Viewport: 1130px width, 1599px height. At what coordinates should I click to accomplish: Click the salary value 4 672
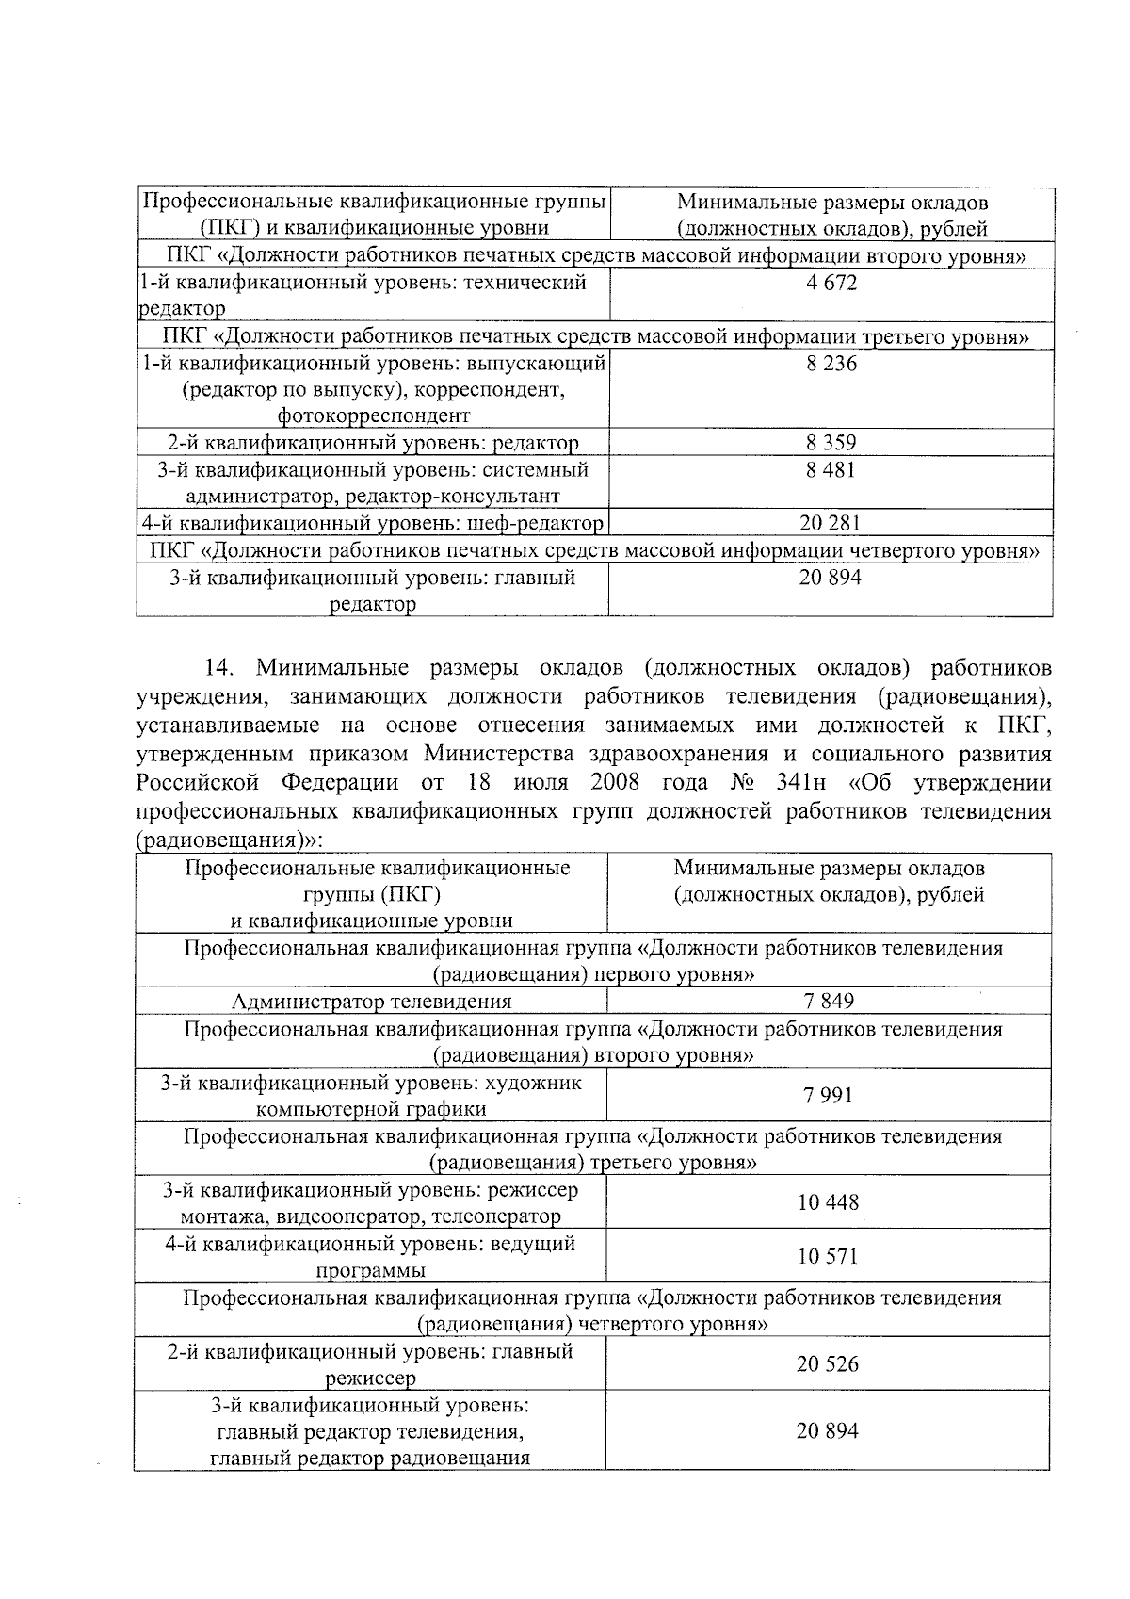(831, 283)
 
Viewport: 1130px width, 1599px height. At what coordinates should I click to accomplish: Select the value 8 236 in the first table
(831, 364)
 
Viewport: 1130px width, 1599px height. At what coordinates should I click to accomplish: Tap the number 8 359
(831, 443)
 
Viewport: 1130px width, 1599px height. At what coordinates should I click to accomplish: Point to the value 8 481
(831, 469)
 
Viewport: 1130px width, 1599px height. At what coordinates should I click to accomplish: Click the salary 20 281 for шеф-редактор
(831, 523)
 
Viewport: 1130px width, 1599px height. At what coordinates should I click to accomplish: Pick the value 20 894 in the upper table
(831, 578)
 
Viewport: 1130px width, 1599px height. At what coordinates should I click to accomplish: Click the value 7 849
(829, 1001)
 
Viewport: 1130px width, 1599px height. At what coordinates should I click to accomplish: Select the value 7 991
(829, 1095)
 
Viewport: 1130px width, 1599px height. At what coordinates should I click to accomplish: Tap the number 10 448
(829, 1202)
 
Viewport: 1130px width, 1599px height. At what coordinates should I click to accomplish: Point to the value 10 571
(829, 1256)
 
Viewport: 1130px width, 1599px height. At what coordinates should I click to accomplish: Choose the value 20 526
(829, 1363)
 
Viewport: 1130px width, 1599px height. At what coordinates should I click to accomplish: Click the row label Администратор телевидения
(372, 1002)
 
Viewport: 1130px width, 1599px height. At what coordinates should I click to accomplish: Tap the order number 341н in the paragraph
(794, 783)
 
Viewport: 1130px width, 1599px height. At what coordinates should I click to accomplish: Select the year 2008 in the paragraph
(616, 783)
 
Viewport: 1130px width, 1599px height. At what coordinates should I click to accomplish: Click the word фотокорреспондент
(374, 416)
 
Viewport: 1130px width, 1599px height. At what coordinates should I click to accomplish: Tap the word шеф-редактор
(541, 523)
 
